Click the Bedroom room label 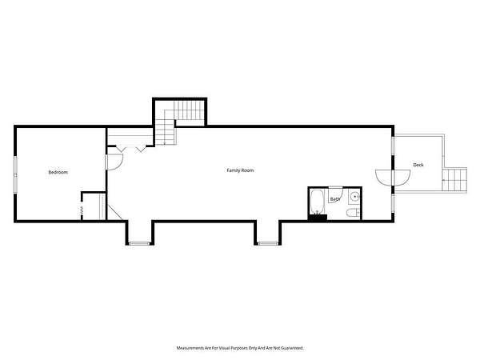pyautogui.click(x=58, y=172)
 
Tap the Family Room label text pyautogui.click(x=240, y=170)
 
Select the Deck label pyautogui.click(x=418, y=165)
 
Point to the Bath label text pyautogui.click(x=335, y=199)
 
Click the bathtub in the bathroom pyautogui.click(x=317, y=202)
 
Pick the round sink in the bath pyautogui.click(x=354, y=196)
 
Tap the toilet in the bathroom pyautogui.click(x=354, y=213)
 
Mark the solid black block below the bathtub pyautogui.click(x=318, y=218)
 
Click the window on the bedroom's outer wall pyautogui.click(x=15, y=174)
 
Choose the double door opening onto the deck pyautogui.click(x=393, y=178)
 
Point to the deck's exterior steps pyautogui.click(x=455, y=180)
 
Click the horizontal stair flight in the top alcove pyautogui.click(x=189, y=110)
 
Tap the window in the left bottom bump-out pyautogui.click(x=139, y=243)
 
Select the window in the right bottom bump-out pyautogui.click(x=268, y=243)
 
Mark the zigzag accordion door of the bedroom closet pyautogui.click(x=82, y=210)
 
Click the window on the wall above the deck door pyautogui.click(x=393, y=145)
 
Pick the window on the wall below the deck pyautogui.click(x=393, y=203)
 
